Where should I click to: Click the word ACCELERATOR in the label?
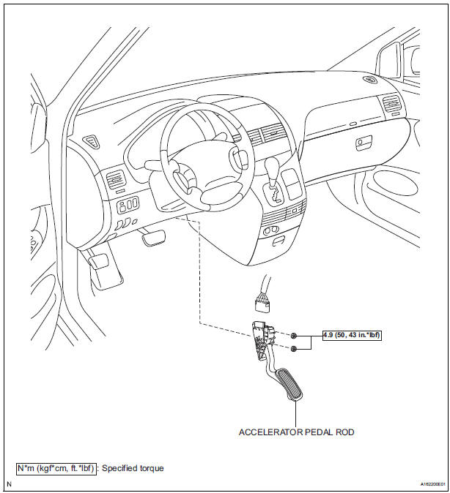click(269, 432)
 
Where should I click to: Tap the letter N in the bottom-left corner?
click(8, 484)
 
